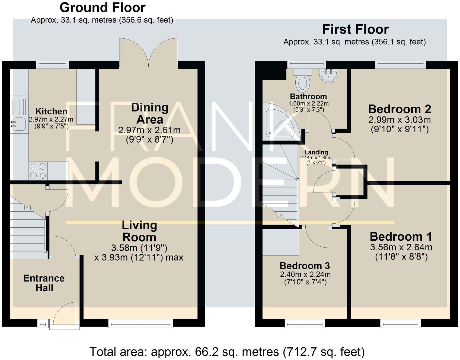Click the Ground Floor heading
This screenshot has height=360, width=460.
coord(103,8)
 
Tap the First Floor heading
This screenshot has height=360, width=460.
coord(355,29)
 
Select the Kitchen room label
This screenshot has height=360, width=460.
coord(51,111)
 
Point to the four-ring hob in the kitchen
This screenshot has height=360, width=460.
coord(38,171)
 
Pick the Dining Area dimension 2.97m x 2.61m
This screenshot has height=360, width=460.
coord(149,130)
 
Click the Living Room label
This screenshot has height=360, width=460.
coord(139,231)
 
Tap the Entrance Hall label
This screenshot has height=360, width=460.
coord(44,283)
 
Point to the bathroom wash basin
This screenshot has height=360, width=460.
coord(328,76)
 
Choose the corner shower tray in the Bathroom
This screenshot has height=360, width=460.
coord(282,122)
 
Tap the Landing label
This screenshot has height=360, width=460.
coord(316,152)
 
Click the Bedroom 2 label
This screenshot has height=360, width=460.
coord(400,109)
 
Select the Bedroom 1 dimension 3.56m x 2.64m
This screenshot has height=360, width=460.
coord(401,247)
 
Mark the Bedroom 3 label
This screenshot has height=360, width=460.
coord(305,266)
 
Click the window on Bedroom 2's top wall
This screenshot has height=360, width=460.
coord(401,64)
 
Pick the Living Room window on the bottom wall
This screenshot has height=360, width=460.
coord(140,323)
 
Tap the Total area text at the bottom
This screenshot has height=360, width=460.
coord(227,352)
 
